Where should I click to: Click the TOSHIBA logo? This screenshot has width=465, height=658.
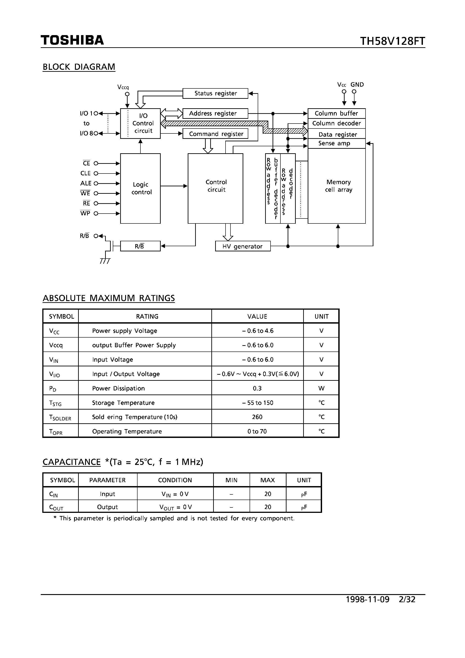pos(72,40)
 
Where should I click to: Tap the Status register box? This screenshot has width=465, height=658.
pos(215,93)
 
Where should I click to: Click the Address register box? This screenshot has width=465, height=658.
pos(215,113)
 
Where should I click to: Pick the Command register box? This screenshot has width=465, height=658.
pos(215,134)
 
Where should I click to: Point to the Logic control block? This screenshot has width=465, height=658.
pos(140,188)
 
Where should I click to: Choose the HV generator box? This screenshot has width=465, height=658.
pos(243,246)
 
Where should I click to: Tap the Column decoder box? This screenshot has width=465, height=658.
pos(336,123)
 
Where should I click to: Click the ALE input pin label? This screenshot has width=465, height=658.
pos(86,183)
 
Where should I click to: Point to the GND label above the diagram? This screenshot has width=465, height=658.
pos(357,85)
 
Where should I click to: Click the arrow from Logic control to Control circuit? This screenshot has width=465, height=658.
pos(174,186)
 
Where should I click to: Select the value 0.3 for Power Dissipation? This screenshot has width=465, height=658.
pos(257,388)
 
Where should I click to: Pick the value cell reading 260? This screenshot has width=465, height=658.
pos(257,417)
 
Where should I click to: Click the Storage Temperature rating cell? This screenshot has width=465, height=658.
pos(123,403)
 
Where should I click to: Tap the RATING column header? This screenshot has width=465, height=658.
pos(147,316)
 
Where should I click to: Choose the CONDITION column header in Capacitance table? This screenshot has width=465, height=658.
pos(175,480)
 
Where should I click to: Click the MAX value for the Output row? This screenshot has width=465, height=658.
pos(267,507)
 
